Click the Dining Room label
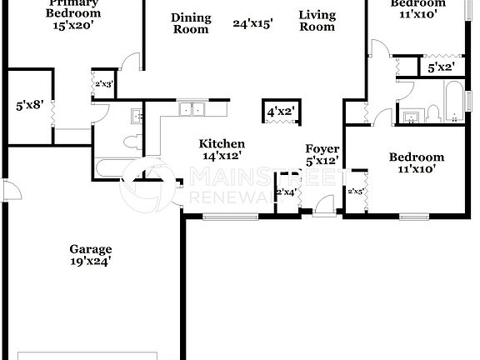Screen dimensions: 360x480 (x=191, y=23)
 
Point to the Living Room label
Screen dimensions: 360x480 (x=317, y=21)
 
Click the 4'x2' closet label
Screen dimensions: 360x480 (x=281, y=110)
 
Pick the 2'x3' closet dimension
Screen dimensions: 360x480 (x=104, y=84)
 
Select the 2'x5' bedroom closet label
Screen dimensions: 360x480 (x=356, y=192)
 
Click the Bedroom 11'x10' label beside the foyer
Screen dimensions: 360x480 (x=416, y=162)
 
